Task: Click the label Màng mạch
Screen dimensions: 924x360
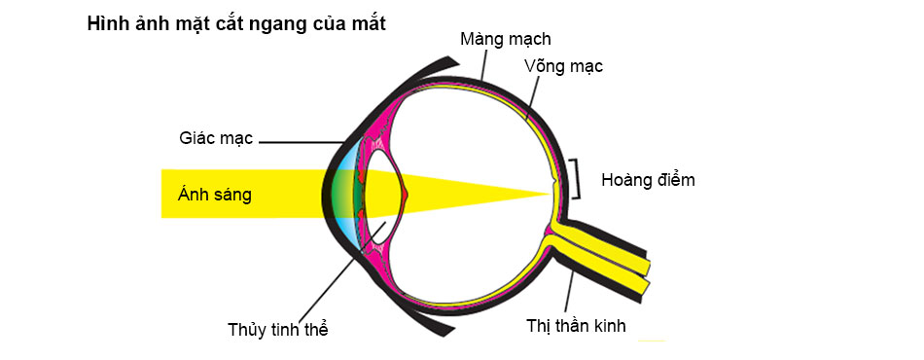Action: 506,40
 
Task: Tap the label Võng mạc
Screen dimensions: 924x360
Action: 564,66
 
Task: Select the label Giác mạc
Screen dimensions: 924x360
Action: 216,139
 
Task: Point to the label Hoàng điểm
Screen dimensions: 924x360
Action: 648,180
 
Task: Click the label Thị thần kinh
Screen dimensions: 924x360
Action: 577,326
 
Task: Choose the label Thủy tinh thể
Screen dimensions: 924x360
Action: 277,330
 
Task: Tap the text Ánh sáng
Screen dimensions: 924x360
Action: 215,195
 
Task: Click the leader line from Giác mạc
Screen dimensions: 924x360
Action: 301,142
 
